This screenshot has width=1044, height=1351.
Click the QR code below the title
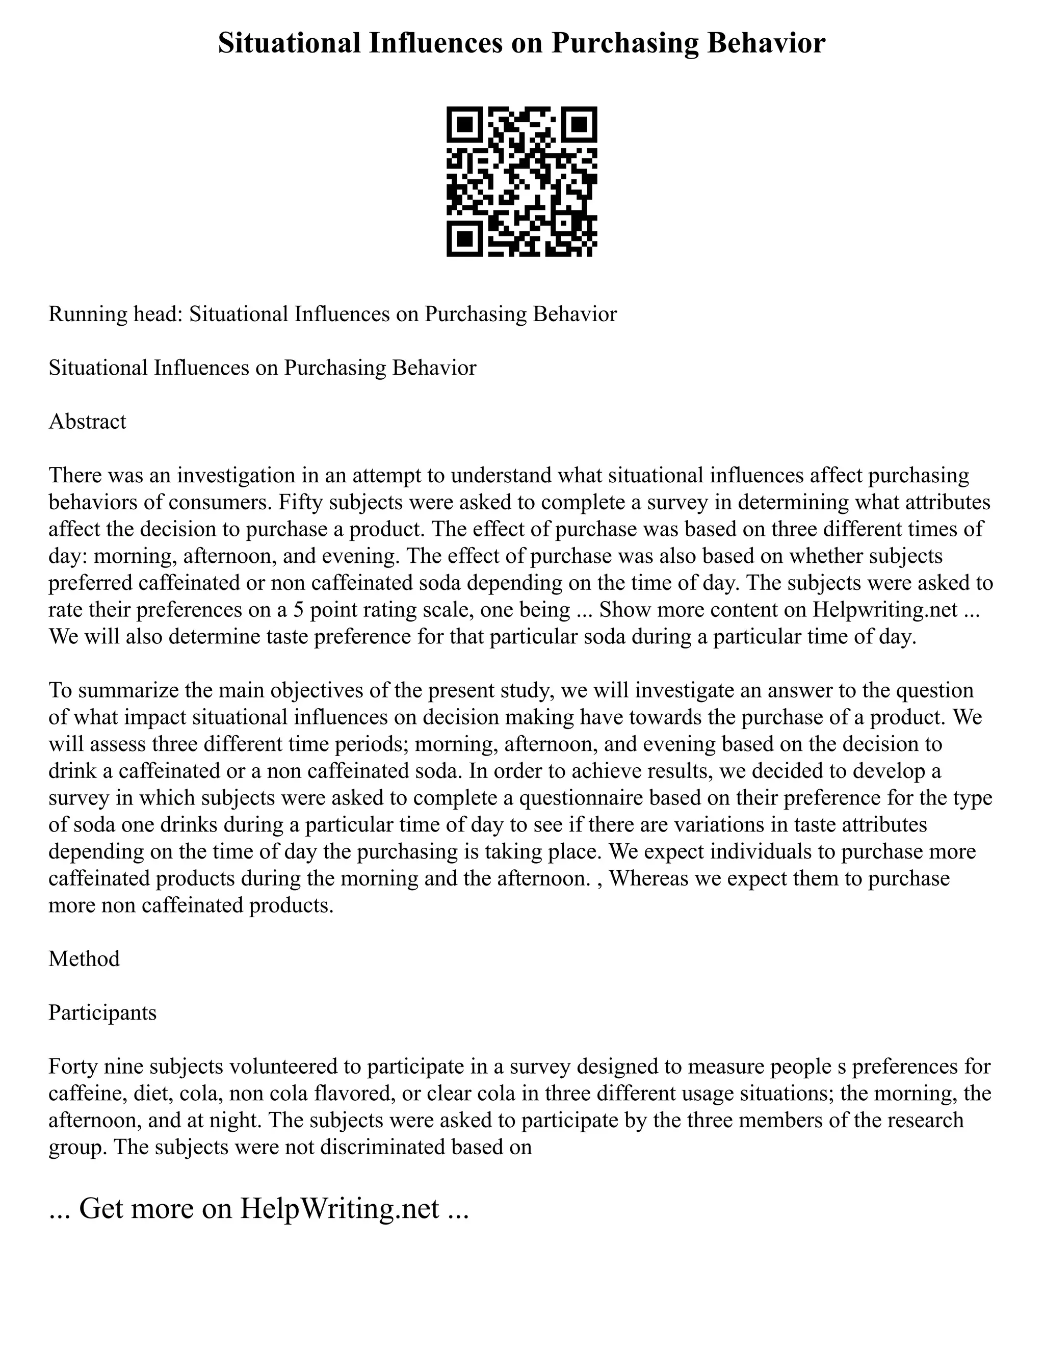point(521,181)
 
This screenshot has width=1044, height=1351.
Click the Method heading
point(84,959)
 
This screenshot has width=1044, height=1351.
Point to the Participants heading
point(102,1012)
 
